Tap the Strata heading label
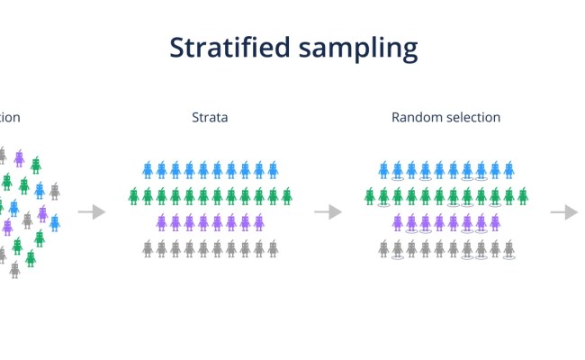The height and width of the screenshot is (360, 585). (210, 117)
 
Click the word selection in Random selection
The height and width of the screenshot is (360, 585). (472, 117)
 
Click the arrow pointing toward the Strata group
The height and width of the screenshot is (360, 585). (91, 211)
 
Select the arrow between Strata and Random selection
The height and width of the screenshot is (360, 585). (328, 211)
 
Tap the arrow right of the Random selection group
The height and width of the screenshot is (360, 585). (564, 211)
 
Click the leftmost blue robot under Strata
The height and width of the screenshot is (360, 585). (148, 169)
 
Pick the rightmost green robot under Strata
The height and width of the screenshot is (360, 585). (287, 195)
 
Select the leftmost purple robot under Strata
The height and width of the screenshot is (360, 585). (161, 221)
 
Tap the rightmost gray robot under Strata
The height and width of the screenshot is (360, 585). (273, 248)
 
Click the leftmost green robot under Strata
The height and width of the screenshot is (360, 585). (133, 195)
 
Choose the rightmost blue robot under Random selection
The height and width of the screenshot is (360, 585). (508, 169)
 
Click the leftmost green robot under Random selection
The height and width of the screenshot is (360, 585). (370, 195)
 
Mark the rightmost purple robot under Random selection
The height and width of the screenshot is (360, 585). (495, 221)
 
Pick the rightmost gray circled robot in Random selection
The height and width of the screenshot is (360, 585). (508, 248)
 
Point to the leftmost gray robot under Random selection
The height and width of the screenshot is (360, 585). (383, 248)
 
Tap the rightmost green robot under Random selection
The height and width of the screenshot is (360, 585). (523, 195)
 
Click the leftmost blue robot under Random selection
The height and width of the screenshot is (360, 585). (383, 169)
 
